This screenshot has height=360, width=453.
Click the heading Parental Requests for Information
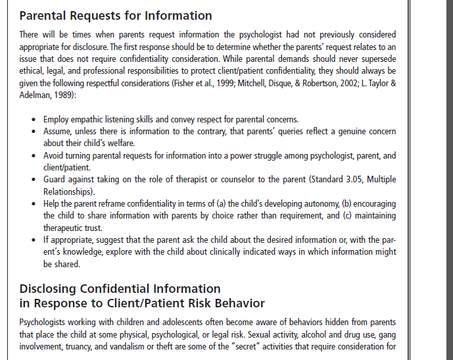[x=116, y=16]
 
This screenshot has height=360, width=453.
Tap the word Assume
[x=58, y=132]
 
